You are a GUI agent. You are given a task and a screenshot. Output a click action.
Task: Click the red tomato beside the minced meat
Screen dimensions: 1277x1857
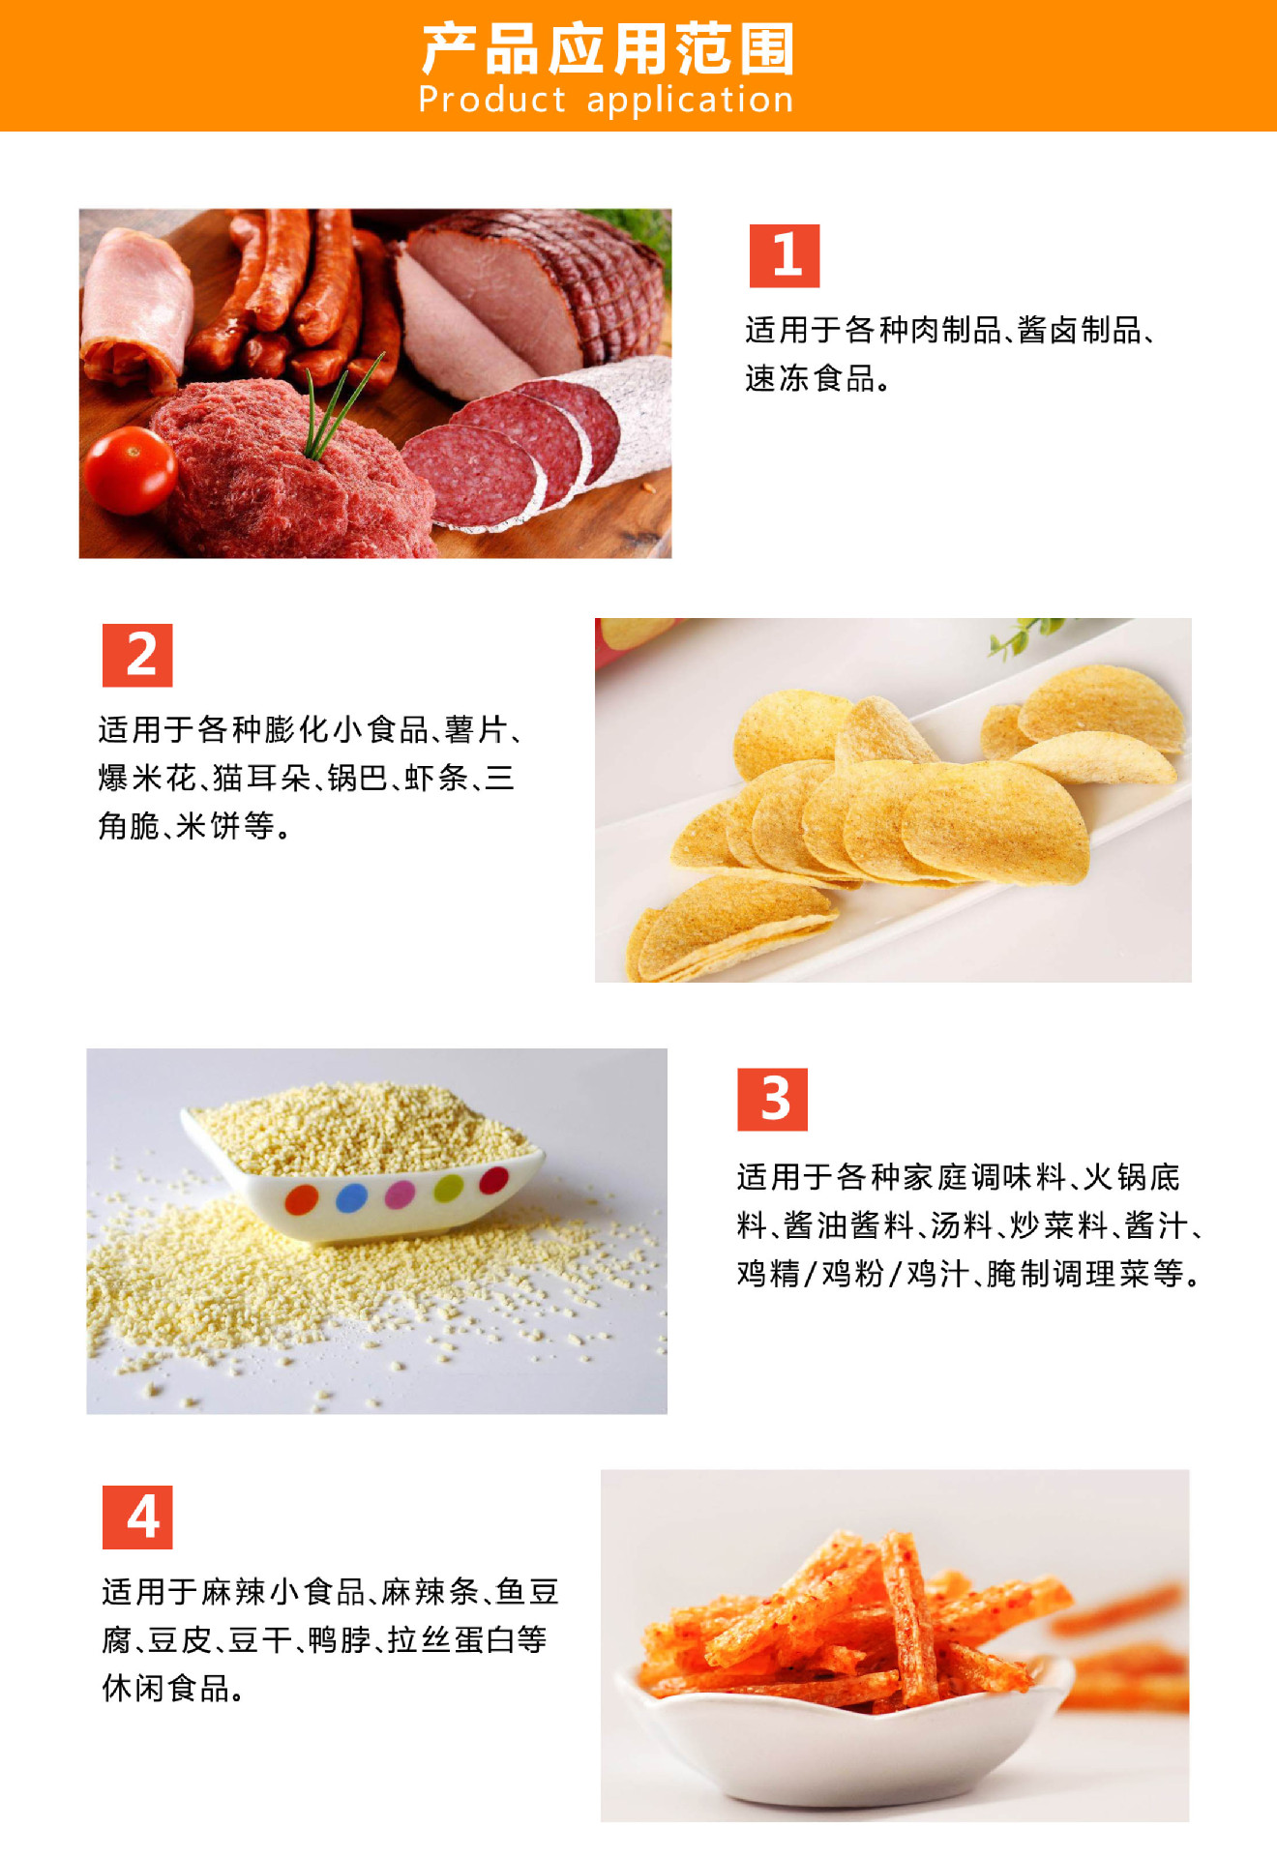130,471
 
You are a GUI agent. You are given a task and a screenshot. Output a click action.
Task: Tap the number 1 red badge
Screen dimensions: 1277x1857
785,255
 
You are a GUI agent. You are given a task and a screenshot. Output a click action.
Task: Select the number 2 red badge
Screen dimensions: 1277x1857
137,655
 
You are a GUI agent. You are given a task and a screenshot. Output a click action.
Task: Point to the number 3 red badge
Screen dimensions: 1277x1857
772,1099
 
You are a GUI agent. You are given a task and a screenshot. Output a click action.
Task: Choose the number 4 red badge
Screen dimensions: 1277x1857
137,1517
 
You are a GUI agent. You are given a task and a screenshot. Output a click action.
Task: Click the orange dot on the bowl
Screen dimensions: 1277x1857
302,1200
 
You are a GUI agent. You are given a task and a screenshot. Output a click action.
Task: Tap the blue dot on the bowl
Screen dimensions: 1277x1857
351,1197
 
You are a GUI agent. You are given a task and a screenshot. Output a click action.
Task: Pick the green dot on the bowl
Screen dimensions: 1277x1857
448,1187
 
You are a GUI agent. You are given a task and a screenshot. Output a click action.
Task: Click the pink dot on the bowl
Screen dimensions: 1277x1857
401,1194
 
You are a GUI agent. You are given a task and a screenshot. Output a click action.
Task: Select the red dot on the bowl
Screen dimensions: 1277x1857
493,1180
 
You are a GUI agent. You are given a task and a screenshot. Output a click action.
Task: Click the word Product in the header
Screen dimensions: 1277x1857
492,100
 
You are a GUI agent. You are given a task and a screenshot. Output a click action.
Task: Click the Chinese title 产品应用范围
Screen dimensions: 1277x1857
608,49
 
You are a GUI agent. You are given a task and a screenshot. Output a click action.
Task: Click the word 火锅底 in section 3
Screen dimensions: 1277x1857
1132,1177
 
